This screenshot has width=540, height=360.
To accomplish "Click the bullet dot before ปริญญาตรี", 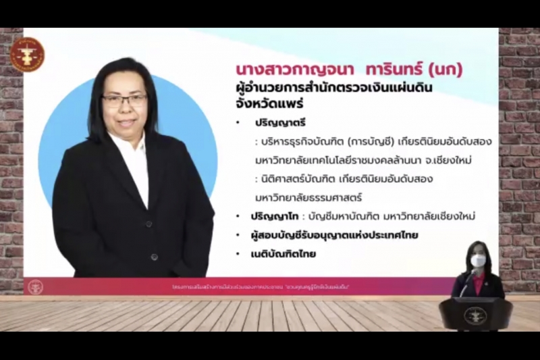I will [x=238, y=124].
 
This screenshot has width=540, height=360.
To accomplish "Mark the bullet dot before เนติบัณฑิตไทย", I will [x=238, y=255].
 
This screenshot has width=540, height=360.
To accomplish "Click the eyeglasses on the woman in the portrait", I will [x=125, y=100].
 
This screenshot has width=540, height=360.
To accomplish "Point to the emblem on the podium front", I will [x=477, y=315].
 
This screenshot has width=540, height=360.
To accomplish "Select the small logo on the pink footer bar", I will [x=35, y=286].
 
